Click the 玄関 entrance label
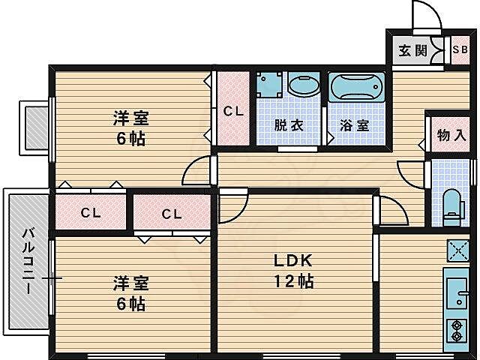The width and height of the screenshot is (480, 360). (x=412, y=51)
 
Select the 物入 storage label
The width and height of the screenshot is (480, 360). (x=451, y=136)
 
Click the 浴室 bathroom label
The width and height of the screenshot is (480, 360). (x=354, y=125)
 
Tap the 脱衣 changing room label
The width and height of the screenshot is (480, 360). (x=289, y=125)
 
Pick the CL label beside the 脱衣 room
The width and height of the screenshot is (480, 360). (x=233, y=111)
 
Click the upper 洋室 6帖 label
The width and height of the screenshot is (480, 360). (x=130, y=127)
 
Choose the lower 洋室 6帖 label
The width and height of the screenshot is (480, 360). (x=130, y=293)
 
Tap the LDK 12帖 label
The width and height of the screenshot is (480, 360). (x=292, y=271)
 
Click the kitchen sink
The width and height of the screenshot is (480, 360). (x=455, y=288)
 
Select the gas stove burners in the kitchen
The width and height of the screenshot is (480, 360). (x=455, y=329)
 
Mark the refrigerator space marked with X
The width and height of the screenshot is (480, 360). (x=456, y=250)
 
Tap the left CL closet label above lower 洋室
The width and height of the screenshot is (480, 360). (x=91, y=213)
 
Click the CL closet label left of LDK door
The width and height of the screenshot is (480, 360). (x=172, y=214)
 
